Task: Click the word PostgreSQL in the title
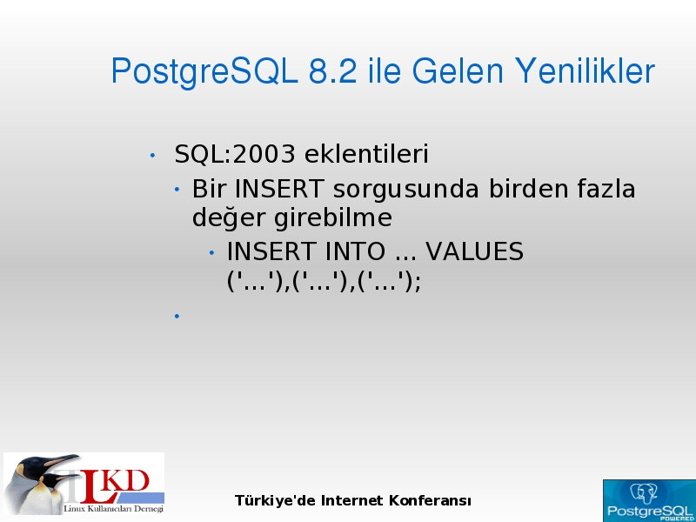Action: pos(204,71)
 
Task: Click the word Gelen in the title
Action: pos(458,70)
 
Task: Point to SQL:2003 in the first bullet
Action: pos(235,155)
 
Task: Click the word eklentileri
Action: pos(366,154)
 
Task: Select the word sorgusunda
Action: pos(406,190)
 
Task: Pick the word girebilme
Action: pos(333,218)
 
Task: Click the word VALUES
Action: pos(474,251)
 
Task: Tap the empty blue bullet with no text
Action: pos(177,316)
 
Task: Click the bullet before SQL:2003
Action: pos(152,156)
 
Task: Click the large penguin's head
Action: pos(31,466)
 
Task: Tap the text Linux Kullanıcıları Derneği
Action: pos(114,509)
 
